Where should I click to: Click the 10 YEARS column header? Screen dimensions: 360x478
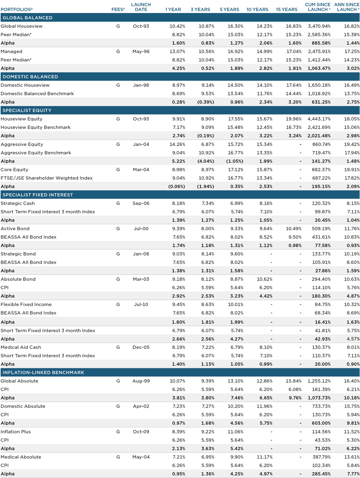257,10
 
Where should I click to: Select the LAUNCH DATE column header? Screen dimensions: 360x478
141,7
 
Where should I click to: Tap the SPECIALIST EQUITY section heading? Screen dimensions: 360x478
27,110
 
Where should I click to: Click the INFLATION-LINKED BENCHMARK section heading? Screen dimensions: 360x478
43,372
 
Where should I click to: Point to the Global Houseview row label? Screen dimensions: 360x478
22,26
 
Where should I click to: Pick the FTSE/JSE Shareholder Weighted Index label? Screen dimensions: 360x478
47,178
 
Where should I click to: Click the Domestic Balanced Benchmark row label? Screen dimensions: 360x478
37,94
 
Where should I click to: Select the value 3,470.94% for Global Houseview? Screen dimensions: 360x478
319,26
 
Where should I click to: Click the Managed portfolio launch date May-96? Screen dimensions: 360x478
141,51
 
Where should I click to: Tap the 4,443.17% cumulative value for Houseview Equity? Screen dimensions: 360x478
319,119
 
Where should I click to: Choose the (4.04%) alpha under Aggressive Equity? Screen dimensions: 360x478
206,161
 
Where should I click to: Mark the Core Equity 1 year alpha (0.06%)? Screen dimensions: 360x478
176,186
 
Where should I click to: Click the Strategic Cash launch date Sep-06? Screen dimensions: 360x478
141,204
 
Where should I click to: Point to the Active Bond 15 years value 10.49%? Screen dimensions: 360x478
294,229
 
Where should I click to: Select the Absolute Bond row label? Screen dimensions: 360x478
18,279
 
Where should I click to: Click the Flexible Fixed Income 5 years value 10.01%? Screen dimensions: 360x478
235,304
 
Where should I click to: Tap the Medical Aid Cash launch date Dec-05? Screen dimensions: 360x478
141,347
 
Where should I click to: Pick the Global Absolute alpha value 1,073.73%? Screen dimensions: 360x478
319,398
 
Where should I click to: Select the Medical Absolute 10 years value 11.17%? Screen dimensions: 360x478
265,457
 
